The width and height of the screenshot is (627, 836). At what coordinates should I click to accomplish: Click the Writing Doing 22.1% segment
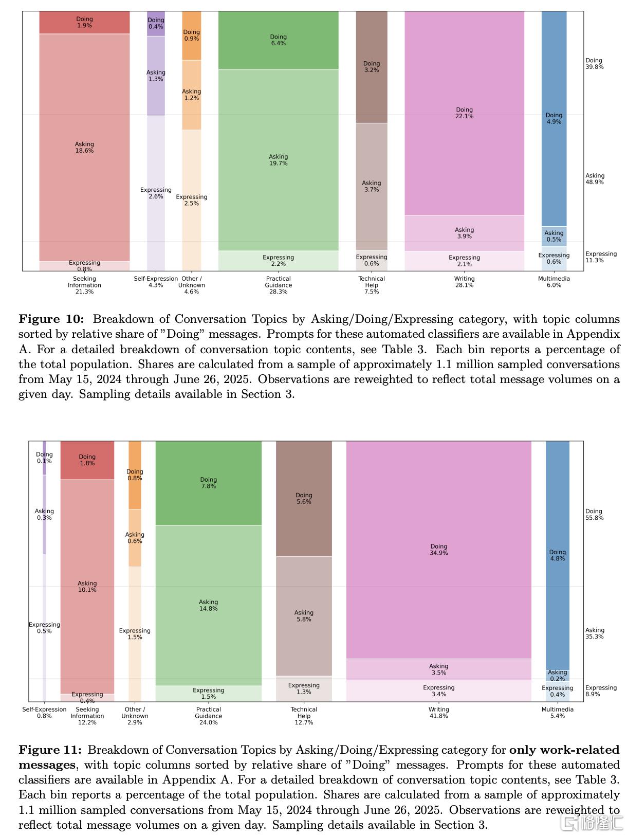(x=464, y=113)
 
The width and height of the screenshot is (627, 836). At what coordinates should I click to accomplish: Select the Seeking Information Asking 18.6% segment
(x=84, y=148)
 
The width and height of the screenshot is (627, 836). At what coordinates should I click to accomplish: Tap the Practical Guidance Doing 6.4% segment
(x=278, y=40)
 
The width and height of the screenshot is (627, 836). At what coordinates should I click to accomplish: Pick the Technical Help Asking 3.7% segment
(x=371, y=186)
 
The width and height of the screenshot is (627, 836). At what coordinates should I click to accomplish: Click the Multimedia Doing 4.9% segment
(x=554, y=119)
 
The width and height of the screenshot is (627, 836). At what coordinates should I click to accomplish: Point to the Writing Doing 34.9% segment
(x=438, y=550)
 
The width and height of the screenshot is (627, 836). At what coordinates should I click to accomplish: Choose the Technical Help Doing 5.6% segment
(x=304, y=498)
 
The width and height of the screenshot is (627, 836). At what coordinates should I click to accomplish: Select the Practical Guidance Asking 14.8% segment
(x=208, y=605)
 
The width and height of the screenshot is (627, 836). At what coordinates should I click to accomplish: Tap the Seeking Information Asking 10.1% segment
(x=87, y=587)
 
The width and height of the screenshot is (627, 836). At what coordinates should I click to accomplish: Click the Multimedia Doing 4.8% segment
(x=557, y=555)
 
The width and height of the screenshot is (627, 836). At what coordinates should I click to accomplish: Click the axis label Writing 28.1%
(x=464, y=282)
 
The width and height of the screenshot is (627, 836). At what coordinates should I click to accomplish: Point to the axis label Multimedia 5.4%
(x=557, y=713)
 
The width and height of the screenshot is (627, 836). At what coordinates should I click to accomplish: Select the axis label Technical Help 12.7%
(x=304, y=716)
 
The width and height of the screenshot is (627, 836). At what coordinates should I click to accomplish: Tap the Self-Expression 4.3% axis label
(x=156, y=282)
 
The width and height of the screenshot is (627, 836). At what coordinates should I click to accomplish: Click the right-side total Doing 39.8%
(x=594, y=64)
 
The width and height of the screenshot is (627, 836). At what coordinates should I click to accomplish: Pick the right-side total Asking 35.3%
(x=594, y=633)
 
